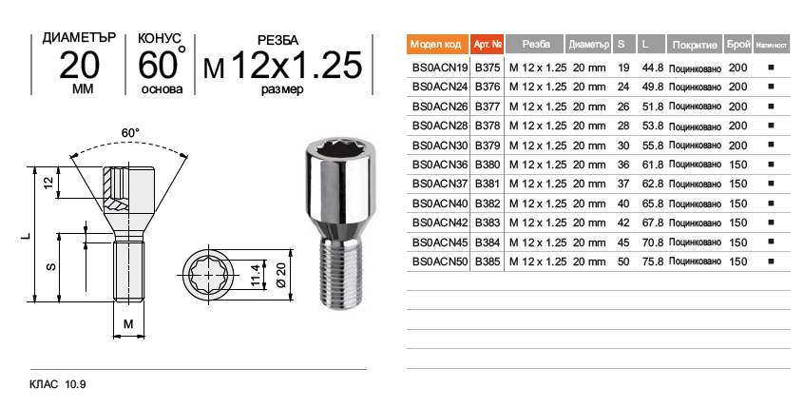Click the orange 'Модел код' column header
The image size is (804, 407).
(438, 44)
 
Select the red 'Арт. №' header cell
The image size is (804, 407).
(488, 44)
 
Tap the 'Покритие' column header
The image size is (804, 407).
(695, 44)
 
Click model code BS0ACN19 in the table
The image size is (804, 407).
(440, 68)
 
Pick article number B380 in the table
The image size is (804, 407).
(488, 165)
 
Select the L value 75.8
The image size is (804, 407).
(653, 262)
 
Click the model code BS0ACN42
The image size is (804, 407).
(440, 223)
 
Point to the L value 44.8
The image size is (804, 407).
(653, 68)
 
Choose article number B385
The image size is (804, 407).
(488, 262)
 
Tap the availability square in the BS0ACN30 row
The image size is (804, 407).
(771, 145)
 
